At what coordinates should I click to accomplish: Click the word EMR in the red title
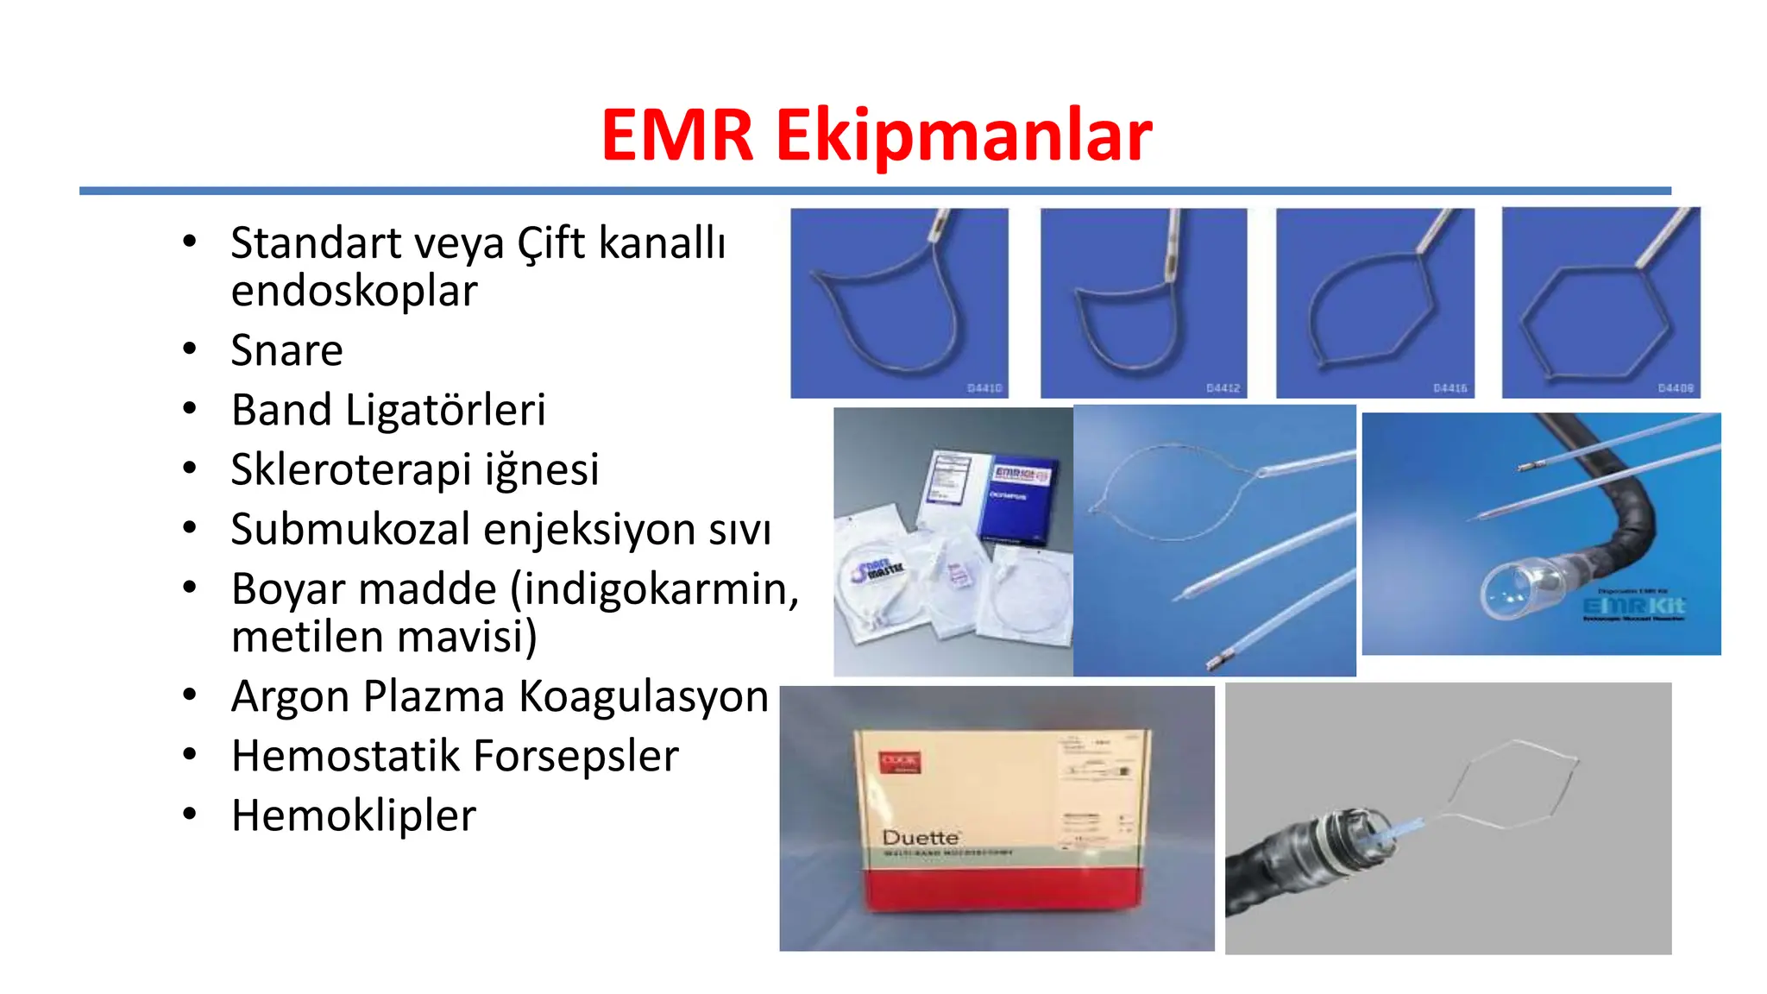677,135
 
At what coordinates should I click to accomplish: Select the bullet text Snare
286,350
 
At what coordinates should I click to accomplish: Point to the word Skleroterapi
350,470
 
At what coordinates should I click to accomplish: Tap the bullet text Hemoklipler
354,815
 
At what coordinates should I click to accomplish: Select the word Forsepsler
575,756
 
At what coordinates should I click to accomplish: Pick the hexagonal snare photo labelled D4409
1600,302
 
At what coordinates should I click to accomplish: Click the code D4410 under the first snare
984,388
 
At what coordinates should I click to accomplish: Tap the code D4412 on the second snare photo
1223,388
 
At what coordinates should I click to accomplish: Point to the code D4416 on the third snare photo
1450,388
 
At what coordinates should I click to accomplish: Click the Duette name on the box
921,838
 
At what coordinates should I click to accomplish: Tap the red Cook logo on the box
900,763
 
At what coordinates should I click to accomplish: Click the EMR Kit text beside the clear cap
1633,607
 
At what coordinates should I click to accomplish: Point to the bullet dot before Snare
190,349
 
